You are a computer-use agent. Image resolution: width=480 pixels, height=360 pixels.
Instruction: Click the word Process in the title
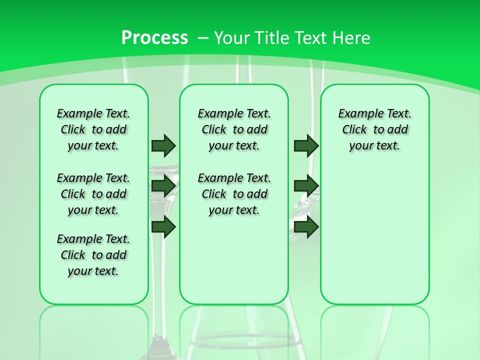(154, 38)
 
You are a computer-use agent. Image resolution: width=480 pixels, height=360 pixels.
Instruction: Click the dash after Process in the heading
(203, 38)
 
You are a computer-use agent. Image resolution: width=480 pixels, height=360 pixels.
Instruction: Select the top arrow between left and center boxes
(163, 145)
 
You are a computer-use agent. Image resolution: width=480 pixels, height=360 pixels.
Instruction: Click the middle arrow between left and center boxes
(163, 186)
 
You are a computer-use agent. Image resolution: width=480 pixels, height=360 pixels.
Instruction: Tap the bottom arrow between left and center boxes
(163, 226)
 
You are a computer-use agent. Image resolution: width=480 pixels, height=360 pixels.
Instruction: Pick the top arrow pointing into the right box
(306, 145)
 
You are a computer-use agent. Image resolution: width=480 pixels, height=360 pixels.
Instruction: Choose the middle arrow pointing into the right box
(306, 186)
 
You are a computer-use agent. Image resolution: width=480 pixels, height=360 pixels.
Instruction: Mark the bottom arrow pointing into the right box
(306, 226)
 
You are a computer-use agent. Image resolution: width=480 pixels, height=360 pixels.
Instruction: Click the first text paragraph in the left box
(93, 129)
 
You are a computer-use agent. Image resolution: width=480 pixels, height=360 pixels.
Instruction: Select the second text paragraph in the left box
(93, 194)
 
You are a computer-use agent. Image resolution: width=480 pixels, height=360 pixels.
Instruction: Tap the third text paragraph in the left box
(93, 255)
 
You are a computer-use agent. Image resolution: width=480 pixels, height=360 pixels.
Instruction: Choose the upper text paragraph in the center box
(234, 129)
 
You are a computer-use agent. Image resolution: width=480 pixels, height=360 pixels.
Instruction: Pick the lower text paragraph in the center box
(234, 194)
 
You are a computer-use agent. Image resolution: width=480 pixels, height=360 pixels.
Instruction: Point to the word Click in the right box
(354, 130)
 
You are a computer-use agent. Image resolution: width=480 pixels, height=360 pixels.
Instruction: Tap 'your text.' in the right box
(374, 146)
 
